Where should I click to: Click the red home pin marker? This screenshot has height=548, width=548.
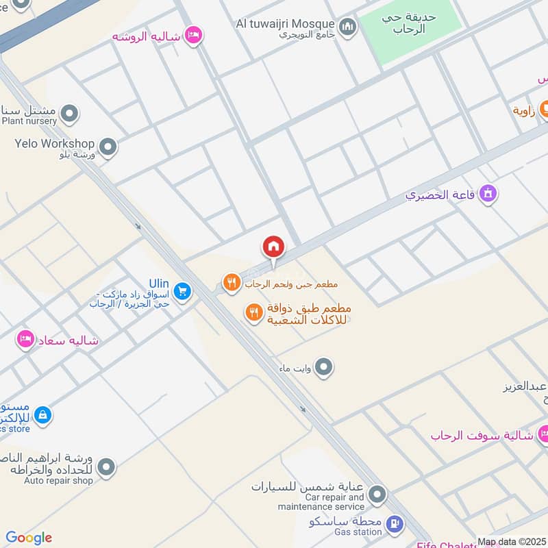coord(273,246)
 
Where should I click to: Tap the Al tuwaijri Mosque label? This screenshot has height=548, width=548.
coord(286,24)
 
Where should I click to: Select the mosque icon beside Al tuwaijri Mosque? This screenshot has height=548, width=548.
coord(349,27)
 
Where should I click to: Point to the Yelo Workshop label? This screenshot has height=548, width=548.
coord(54,144)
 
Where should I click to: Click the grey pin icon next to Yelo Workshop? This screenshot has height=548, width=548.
coord(107,146)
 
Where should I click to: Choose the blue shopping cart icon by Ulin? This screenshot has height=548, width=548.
coord(182,292)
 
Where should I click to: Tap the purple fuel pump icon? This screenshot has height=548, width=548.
coord(395,525)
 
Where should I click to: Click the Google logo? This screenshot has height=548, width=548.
coord(29,538)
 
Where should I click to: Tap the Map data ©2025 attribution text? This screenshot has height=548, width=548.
coord(512,542)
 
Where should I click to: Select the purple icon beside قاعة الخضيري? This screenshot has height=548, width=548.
coord(487,195)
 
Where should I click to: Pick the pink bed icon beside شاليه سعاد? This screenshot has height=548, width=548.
coord(25,340)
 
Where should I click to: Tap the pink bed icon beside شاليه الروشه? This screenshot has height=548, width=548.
coord(194,35)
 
